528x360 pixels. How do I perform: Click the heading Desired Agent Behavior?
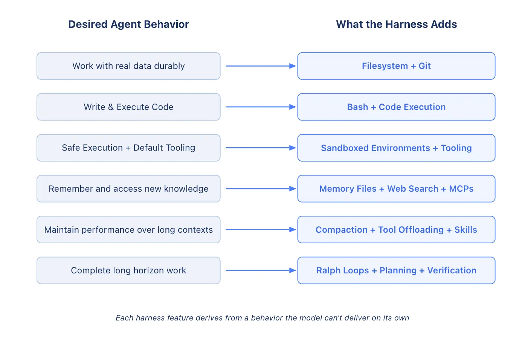tap(128, 24)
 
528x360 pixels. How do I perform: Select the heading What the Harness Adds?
tap(396, 24)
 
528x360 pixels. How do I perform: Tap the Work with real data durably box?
tap(128, 66)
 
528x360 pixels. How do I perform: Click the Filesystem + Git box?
tap(396, 66)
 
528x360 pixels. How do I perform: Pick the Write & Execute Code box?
tap(128, 107)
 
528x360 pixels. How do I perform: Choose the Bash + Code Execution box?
tap(396, 107)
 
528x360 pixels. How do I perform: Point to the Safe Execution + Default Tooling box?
tap(128, 148)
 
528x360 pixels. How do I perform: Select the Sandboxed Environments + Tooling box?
tap(396, 148)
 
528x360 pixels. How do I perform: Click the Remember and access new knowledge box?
tap(128, 189)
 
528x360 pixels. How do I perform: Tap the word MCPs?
tap(461, 189)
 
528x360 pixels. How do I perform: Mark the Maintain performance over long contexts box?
tap(128, 230)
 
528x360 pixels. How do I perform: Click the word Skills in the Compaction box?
tap(465, 230)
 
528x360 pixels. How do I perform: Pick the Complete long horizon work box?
tap(128, 270)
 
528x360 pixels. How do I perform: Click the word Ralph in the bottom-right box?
tap(327, 270)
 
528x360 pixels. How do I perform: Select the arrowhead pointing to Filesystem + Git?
tap(292, 66)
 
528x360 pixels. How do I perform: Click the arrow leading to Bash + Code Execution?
tap(260, 107)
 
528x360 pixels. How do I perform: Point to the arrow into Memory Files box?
tap(260, 189)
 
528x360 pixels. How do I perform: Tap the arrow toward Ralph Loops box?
tap(260, 270)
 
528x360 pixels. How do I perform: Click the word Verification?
tap(452, 270)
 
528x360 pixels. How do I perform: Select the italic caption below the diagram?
tap(262, 318)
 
